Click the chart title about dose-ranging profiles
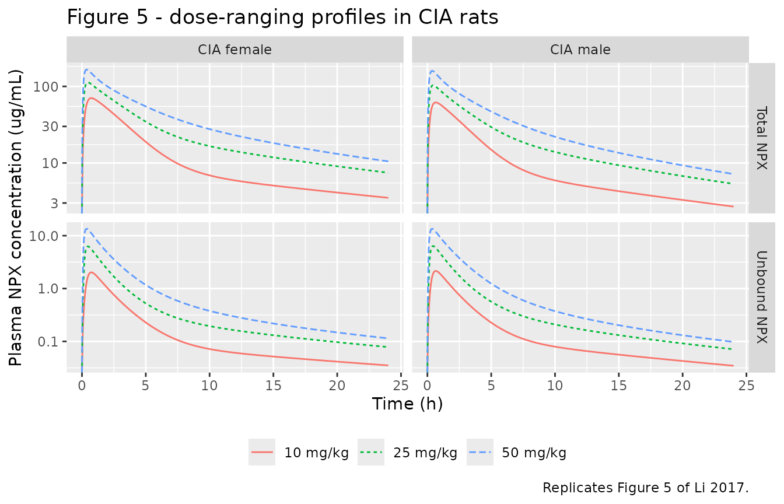coord(282,17)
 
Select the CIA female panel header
coord(235,50)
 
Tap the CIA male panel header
coord(580,50)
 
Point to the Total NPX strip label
coord(762,138)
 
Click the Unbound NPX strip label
coord(762,297)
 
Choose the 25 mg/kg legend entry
coord(407,453)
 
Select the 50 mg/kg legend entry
coord(517,453)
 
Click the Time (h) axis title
coord(407,404)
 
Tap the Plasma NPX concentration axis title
coord(16,218)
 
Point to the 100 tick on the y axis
coord(45,87)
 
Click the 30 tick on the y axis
coord(50,127)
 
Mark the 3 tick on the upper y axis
coord(54,204)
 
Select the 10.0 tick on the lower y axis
coord(43,236)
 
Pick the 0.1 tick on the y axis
coord(48,342)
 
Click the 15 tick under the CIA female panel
coord(273,386)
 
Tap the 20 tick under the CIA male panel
coord(682,386)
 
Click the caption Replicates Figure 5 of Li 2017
coord(645,488)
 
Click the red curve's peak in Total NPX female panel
coord(92,98)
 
